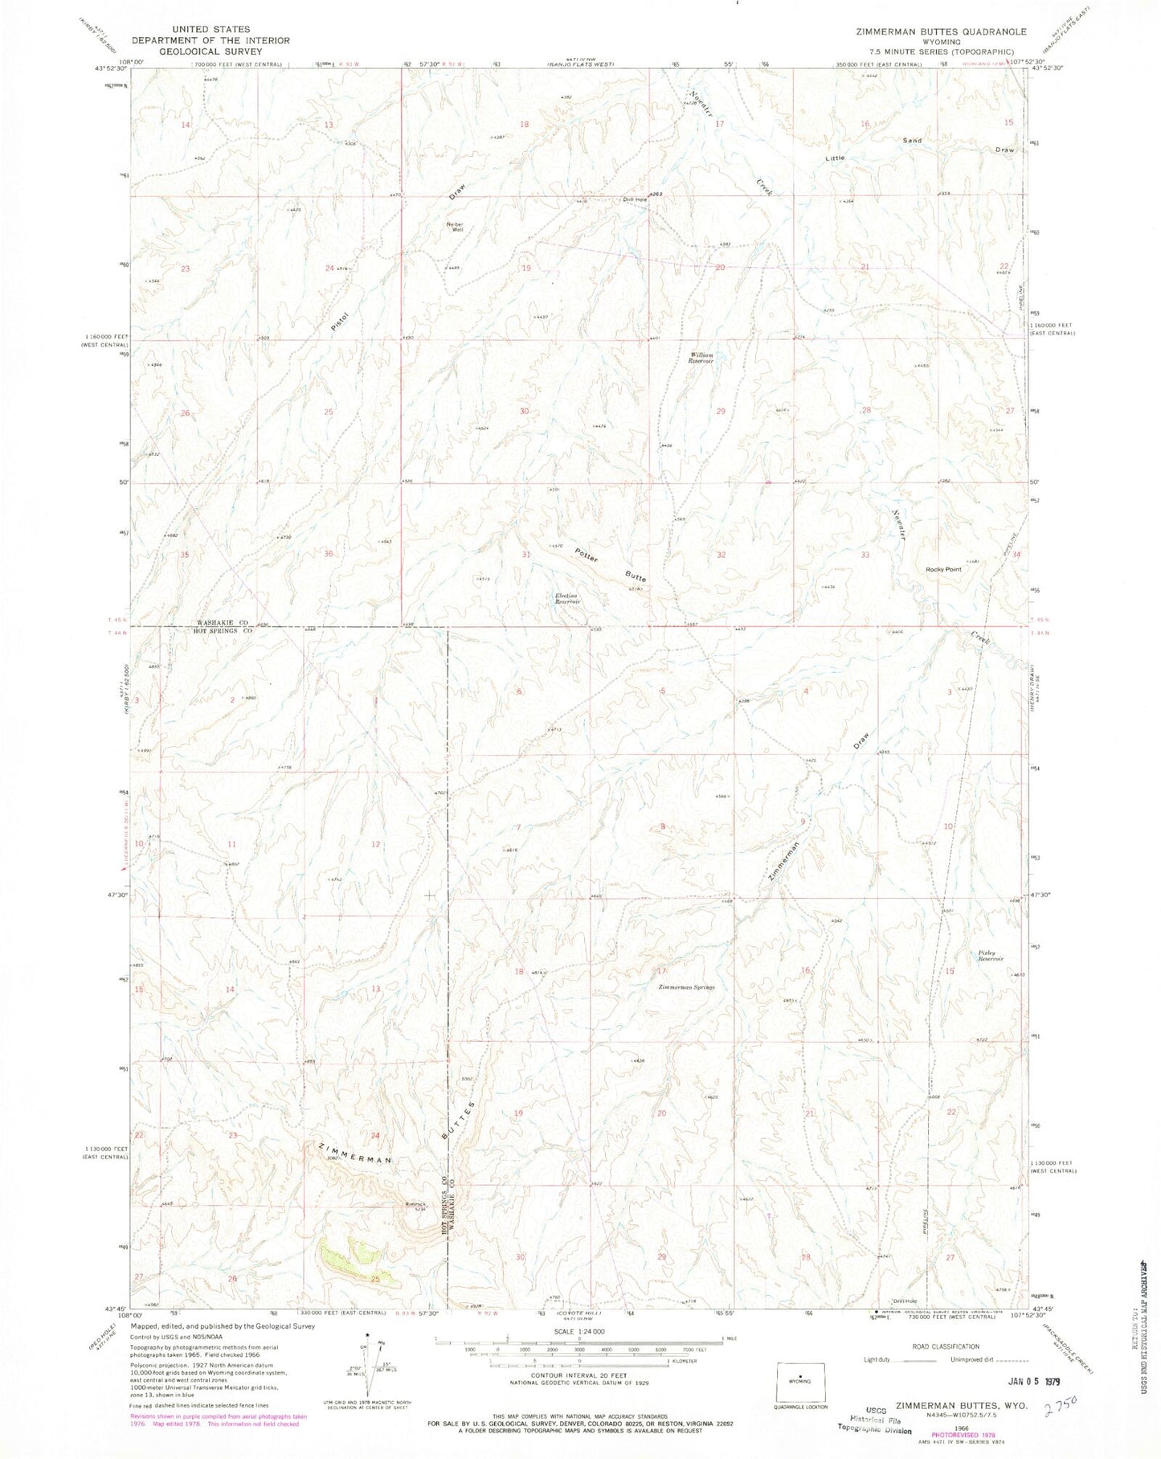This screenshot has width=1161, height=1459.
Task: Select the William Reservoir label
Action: pyautogui.click(x=700, y=358)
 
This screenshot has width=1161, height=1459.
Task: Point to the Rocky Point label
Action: pyautogui.click(x=943, y=569)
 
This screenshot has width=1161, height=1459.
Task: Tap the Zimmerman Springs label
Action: pyautogui.click(x=686, y=987)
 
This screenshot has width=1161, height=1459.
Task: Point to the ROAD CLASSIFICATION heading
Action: pyautogui.click(x=945, y=1346)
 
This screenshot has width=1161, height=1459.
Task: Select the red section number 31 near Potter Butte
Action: pyautogui.click(x=526, y=555)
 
